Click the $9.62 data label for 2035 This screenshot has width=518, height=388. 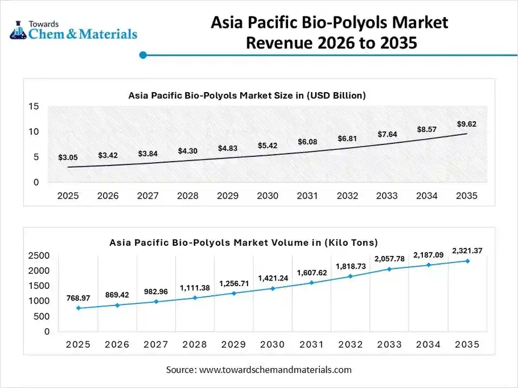pyautogui.click(x=466, y=124)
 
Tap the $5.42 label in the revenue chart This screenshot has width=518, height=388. pyautogui.click(x=267, y=146)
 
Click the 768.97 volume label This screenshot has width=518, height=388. pyautogui.click(x=78, y=298)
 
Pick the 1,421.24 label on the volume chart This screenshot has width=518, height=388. pyautogui.click(x=273, y=278)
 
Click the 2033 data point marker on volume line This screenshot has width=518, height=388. pyautogui.click(x=390, y=269)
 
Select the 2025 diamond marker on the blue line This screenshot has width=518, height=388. pyautogui.click(x=78, y=308)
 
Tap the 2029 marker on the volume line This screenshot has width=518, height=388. pyautogui.click(x=234, y=294)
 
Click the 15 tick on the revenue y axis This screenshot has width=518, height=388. pyautogui.click(x=34, y=106)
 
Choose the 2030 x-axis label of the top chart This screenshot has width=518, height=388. pyautogui.click(x=267, y=196)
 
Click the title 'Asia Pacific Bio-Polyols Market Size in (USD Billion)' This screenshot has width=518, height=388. pyautogui.click(x=246, y=96)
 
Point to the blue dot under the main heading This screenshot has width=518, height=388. pyautogui.click(x=143, y=55)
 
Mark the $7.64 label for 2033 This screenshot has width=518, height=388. pyautogui.click(x=387, y=134)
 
